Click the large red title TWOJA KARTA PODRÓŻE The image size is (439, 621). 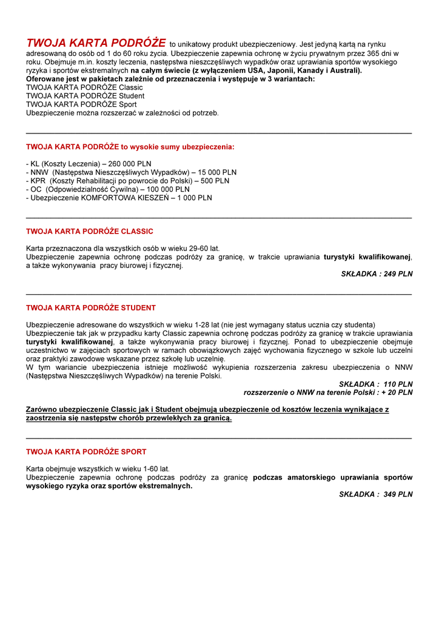(96, 43)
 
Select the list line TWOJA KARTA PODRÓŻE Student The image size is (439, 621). (85, 96)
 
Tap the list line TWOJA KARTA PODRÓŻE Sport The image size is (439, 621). (81, 104)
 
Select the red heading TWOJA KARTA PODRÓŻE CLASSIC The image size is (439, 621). (90, 232)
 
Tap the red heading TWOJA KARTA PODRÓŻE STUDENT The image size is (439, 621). (91, 308)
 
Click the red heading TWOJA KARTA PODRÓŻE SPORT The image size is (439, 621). (86, 452)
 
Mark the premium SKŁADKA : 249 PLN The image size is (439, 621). (377, 274)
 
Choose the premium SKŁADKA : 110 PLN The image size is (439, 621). (376, 384)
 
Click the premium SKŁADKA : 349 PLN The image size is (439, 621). (376, 494)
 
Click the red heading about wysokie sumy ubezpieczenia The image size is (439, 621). (130, 147)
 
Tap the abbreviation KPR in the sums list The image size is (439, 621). (38, 181)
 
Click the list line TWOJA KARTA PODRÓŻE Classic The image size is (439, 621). (84, 87)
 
